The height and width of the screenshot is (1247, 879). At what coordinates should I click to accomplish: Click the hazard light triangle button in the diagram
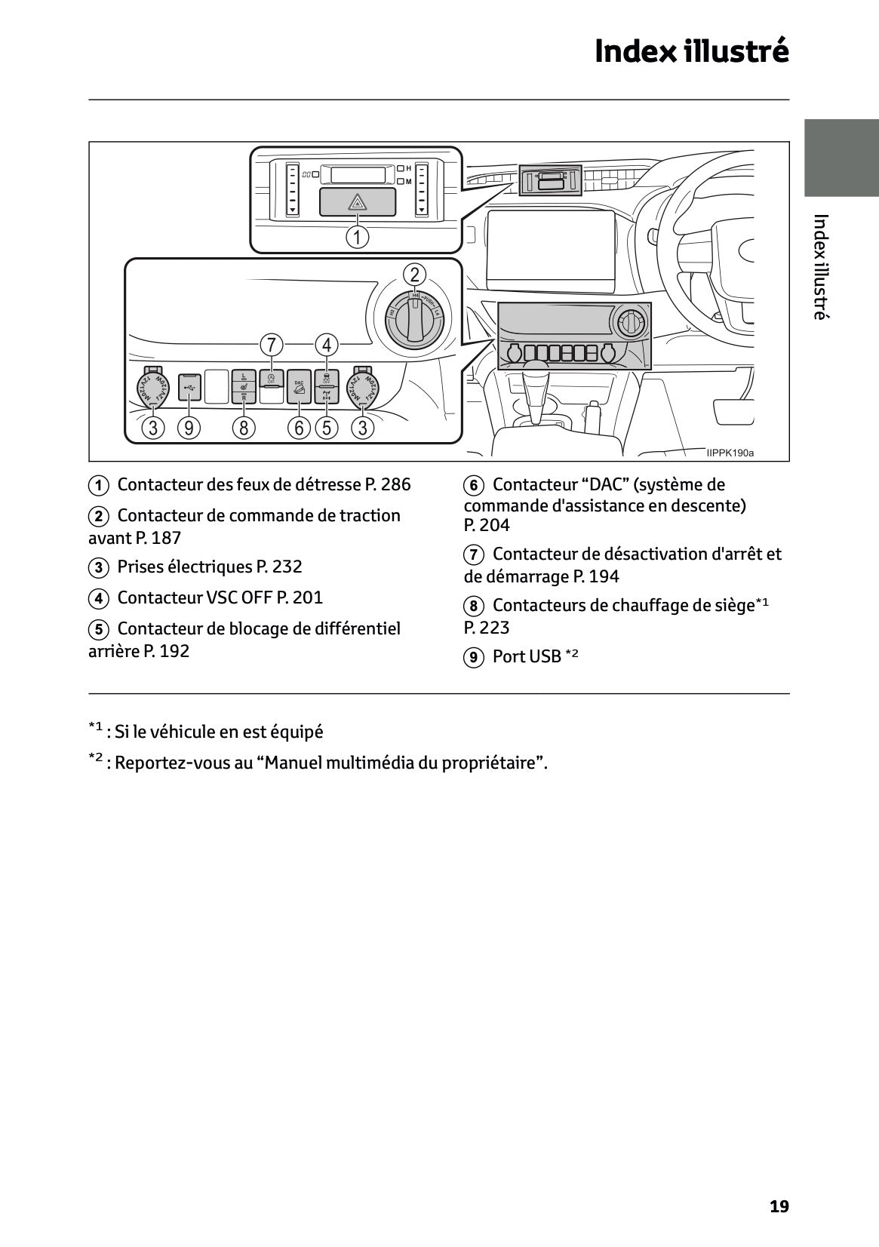(x=357, y=202)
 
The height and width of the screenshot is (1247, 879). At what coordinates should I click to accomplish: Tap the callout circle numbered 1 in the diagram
(x=357, y=238)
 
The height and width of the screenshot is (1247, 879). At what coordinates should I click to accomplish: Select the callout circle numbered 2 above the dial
(x=414, y=274)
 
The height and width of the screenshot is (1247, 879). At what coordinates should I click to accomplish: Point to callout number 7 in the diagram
(x=271, y=345)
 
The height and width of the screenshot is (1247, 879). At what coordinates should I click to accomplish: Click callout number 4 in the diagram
(x=327, y=345)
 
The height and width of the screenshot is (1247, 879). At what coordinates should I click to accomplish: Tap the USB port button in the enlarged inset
(x=189, y=387)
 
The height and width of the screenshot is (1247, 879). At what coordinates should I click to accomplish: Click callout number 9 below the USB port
(x=189, y=428)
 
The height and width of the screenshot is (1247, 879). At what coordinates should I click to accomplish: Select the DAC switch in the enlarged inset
(x=299, y=387)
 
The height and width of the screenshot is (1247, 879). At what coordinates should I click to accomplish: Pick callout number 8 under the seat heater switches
(x=243, y=428)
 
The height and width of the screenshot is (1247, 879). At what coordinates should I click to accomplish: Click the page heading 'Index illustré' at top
(x=691, y=52)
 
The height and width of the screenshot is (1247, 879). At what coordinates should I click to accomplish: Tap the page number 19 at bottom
(x=779, y=1206)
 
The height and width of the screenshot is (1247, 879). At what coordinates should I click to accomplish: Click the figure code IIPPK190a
(x=730, y=453)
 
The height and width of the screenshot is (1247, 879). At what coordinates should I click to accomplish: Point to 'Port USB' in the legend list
(x=527, y=656)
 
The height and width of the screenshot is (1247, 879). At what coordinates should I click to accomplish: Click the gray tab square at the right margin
(x=841, y=158)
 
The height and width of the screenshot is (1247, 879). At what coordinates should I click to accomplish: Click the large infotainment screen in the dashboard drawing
(x=550, y=252)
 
